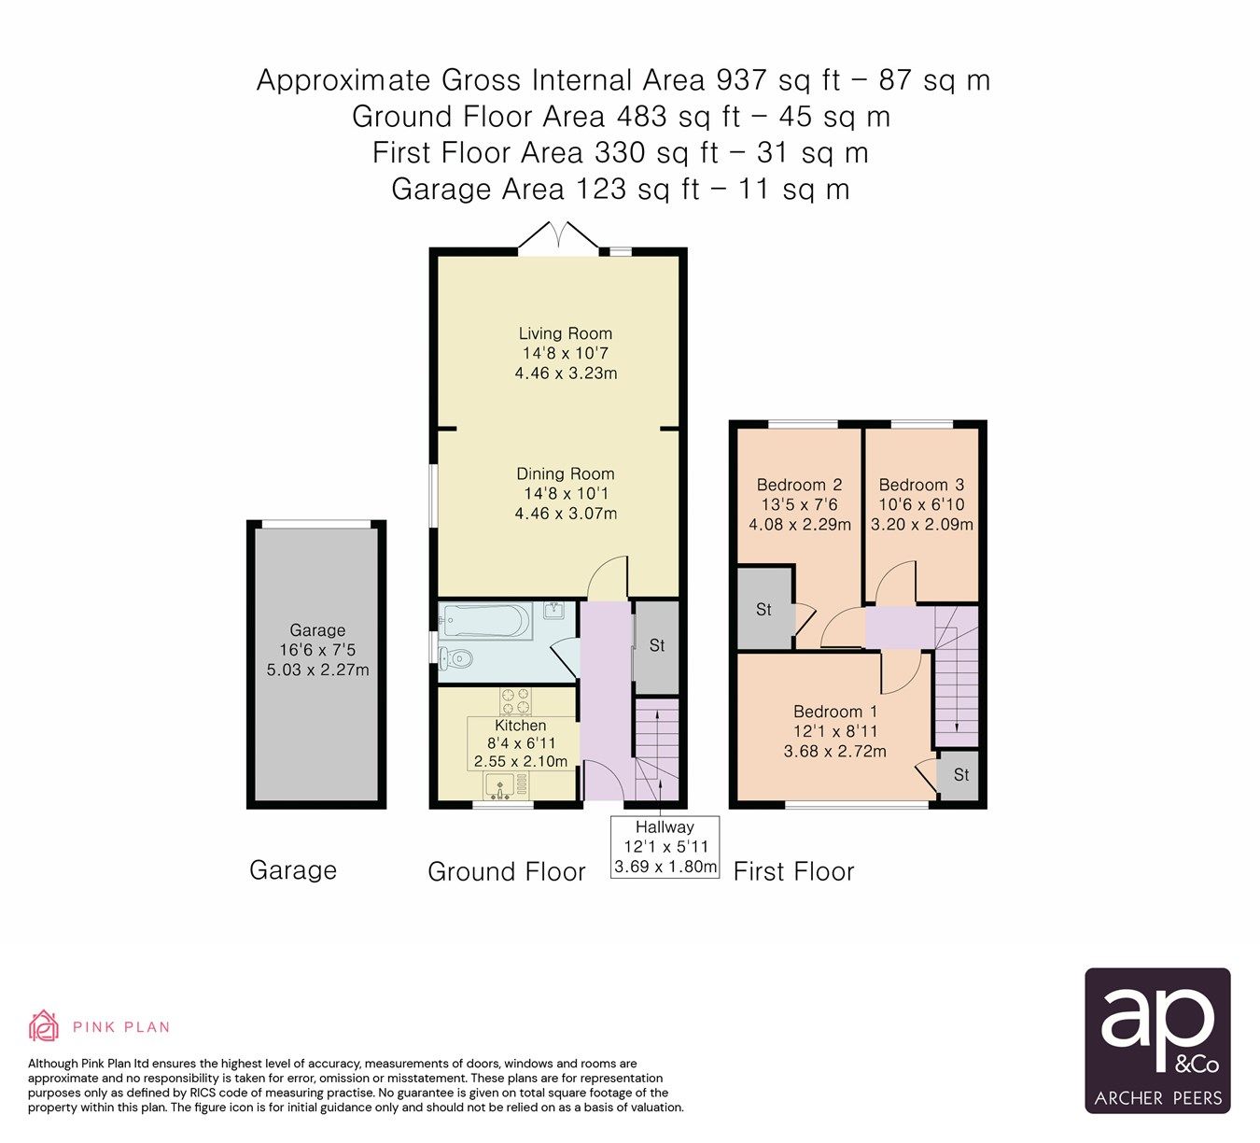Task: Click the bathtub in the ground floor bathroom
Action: (485, 620)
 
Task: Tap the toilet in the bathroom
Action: (455, 658)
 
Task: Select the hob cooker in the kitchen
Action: (515, 700)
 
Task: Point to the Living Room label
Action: (566, 333)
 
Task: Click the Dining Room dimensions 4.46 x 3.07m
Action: (566, 513)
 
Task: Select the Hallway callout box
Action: (665, 847)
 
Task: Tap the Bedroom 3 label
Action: (921, 485)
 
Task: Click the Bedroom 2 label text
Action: (799, 485)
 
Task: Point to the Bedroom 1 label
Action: (835, 712)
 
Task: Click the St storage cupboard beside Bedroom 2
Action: (763, 609)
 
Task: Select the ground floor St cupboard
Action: (657, 646)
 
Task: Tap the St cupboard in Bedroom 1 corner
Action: (960, 775)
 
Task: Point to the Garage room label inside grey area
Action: (317, 630)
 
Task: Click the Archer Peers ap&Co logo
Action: (1157, 1040)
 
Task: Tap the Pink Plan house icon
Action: (43, 1025)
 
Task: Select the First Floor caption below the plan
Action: (793, 871)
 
